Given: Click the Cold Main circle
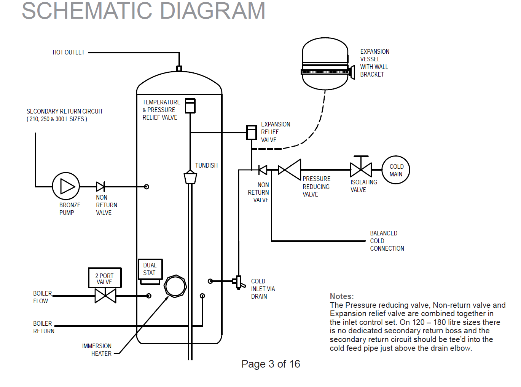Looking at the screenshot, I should pyautogui.click(x=396, y=170).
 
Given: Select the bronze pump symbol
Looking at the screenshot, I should pyautogui.click(x=66, y=186).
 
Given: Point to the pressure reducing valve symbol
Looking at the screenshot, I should pyautogui.click(x=290, y=170).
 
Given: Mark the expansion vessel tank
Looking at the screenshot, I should pyautogui.click(x=325, y=64).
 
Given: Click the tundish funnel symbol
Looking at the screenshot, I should pyautogui.click(x=190, y=177).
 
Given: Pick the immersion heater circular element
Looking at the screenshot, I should pyautogui.click(x=175, y=286).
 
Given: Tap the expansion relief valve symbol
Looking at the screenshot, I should pyautogui.click(x=251, y=132).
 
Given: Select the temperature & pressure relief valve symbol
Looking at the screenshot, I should pyautogui.click(x=190, y=106).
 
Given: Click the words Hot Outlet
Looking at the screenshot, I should pyautogui.click(x=69, y=53).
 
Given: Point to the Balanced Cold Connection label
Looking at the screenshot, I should pyautogui.click(x=387, y=241).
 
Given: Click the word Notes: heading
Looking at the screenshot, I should pyautogui.click(x=342, y=296).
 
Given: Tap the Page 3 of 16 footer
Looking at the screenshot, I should pyautogui.click(x=271, y=364).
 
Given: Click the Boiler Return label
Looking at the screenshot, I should pyautogui.click(x=43, y=327).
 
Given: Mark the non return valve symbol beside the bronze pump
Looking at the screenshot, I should pyautogui.click(x=100, y=187).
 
